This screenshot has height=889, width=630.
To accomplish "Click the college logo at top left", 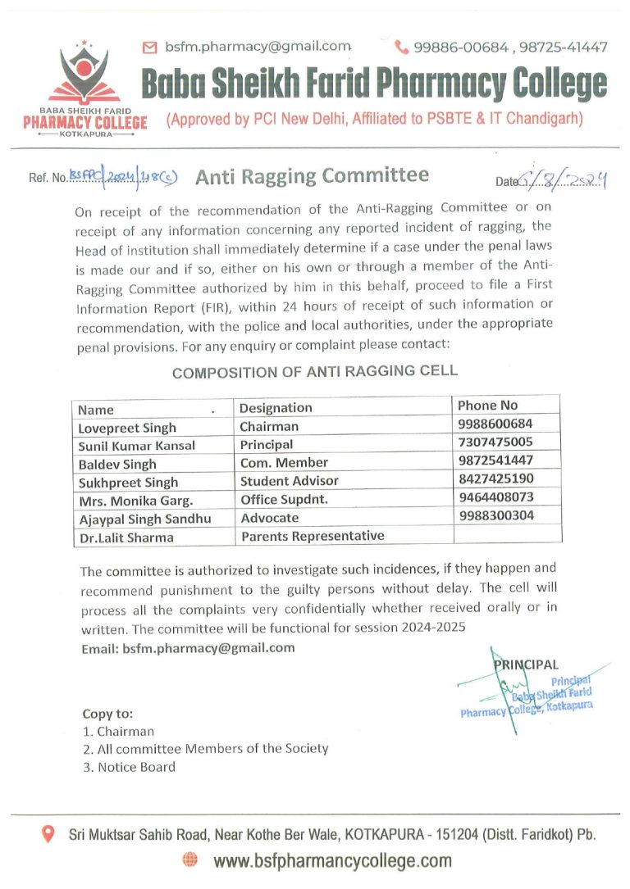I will pyautogui.click(x=84, y=86).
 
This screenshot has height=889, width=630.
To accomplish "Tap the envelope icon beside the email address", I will pyautogui.click(x=149, y=48).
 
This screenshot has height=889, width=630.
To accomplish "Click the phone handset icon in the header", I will pyautogui.click(x=402, y=48).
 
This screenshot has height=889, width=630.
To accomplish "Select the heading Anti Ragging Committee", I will pyautogui.click(x=313, y=175).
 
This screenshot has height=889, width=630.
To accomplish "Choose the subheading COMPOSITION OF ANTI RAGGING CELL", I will pyautogui.click(x=314, y=371).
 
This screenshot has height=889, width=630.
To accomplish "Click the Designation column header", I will pyautogui.click(x=276, y=407).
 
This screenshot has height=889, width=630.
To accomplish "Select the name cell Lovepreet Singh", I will pyautogui.click(x=127, y=427).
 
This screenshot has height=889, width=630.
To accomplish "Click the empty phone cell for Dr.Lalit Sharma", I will pyautogui.click(x=507, y=534).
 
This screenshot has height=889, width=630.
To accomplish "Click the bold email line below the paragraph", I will pyautogui.click(x=188, y=647).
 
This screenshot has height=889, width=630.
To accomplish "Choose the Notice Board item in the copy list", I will pyautogui.click(x=129, y=767).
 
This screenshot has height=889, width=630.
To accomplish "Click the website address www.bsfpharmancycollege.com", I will pyautogui.click(x=332, y=860).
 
